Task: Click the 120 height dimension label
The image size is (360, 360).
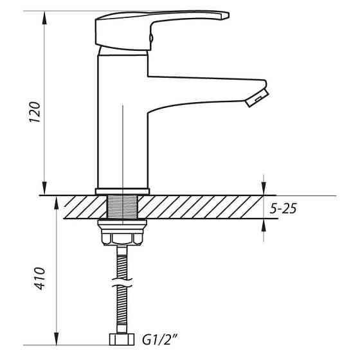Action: click(35, 112)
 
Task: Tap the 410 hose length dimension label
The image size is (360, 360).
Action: click(40, 278)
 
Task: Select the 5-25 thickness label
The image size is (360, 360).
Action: click(283, 208)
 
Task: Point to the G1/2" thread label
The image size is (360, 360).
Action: click(160, 340)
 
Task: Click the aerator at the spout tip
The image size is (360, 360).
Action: click(257, 98)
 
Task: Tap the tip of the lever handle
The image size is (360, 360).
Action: click(225, 15)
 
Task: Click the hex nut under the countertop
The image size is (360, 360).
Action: click(122, 239)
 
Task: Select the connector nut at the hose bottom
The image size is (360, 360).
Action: click(122, 339)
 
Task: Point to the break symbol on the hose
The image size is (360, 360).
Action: click(122, 283)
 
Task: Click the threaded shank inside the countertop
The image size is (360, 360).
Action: click(122, 206)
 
